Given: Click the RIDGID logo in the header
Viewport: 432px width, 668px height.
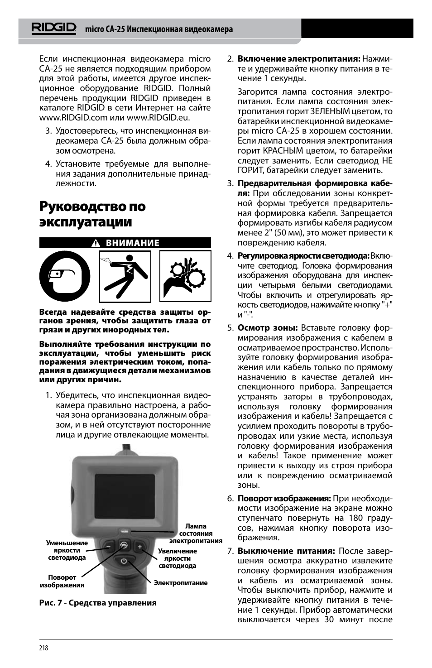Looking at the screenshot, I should (54, 29).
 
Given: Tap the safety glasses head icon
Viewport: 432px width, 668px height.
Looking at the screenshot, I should (64, 276).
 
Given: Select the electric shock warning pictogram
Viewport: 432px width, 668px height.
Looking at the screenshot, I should (125, 276).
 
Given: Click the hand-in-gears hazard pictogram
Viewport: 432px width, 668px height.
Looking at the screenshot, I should (185, 276).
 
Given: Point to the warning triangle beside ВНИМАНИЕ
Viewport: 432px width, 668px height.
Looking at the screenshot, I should (96, 243).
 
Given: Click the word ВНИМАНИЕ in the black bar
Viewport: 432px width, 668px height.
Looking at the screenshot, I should (133, 243).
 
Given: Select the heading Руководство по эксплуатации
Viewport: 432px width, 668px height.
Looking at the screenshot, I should (92, 214).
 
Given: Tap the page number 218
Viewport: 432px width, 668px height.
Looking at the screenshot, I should (43, 648).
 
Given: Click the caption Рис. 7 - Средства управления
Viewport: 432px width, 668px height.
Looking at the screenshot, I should (98, 603).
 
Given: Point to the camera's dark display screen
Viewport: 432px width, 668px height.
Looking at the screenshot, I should (125, 496).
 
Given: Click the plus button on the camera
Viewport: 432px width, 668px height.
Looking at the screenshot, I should (140, 547).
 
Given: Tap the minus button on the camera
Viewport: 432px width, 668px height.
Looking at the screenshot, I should (108, 547).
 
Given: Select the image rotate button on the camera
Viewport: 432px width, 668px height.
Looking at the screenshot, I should (124, 545).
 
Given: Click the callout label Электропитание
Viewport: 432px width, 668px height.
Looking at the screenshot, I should (181, 583).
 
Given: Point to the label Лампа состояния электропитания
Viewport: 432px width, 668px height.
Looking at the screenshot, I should (196, 533).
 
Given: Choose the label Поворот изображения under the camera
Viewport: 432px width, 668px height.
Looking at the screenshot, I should (62, 581).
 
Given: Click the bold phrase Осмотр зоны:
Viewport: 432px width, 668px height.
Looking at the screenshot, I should (268, 328).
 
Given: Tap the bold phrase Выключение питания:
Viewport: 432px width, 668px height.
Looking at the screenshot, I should (286, 551).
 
